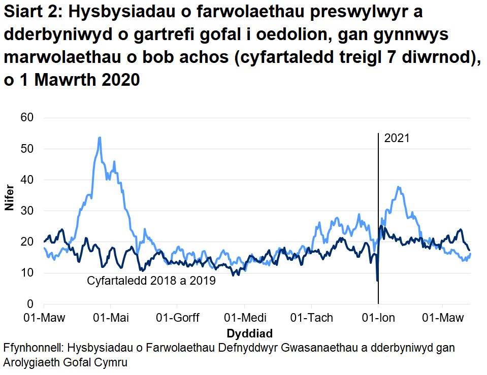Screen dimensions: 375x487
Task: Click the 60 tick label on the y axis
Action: [x=26, y=118]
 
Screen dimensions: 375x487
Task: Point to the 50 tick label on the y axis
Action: [x=26, y=149]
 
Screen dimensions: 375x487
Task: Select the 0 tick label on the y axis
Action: [x=30, y=304]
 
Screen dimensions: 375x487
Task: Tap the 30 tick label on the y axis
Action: [x=26, y=211]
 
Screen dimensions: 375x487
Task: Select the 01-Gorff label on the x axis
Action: [x=177, y=318]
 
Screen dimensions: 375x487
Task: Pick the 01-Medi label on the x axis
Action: [x=245, y=318]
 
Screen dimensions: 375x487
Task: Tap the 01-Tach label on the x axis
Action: [x=311, y=318]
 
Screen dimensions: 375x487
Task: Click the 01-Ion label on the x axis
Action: [x=378, y=318]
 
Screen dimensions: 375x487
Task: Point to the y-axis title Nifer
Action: [x=9, y=199]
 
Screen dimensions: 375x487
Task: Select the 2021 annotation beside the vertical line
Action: [x=397, y=139]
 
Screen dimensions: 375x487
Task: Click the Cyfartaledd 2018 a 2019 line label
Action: [x=152, y=281]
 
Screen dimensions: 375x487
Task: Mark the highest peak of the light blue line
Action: [x=100, y=138]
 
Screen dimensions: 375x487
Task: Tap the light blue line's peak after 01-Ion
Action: [x=399, y=187]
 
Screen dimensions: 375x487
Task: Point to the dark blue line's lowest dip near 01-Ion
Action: [x=377, y=280]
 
